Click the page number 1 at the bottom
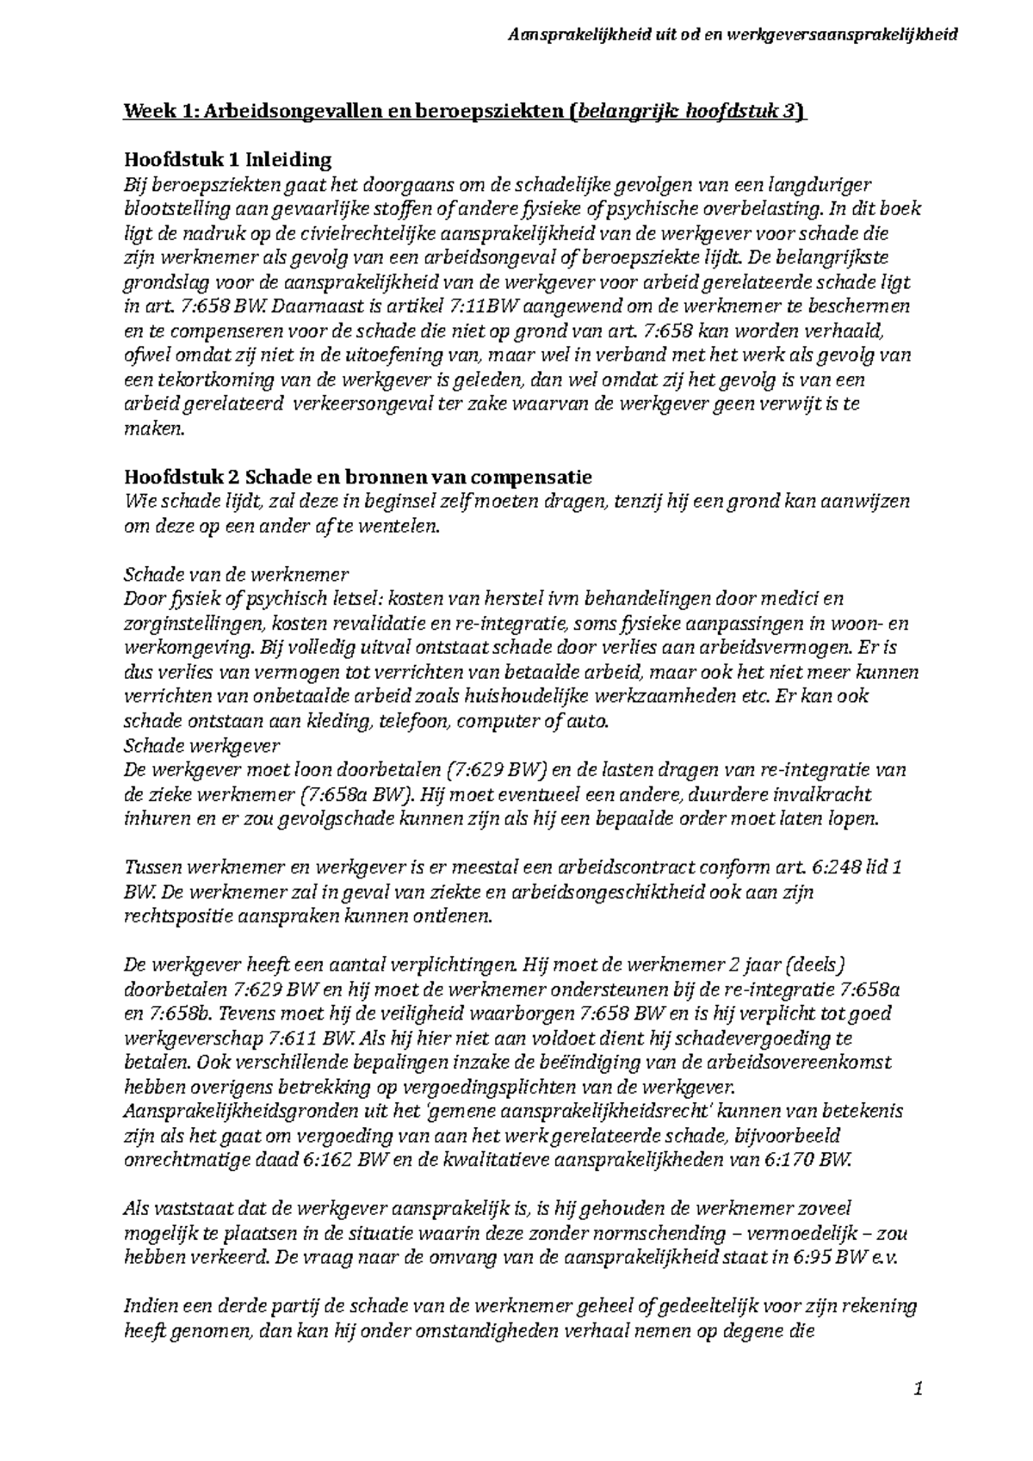point(919,1388)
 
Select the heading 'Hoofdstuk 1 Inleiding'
point(227,160)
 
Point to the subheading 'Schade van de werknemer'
point(236,574)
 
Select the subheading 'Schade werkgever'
point(202,745)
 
